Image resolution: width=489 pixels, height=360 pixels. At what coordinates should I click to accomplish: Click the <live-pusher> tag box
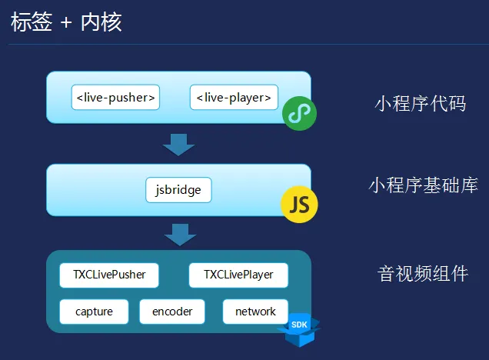pyautogui.click(x=116, y=98)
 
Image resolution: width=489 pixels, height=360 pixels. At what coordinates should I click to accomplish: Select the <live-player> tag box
pyautogui.click(x=234, y=98)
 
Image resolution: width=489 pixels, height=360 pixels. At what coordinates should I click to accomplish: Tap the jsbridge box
pyautogui.click(x=178, y=189)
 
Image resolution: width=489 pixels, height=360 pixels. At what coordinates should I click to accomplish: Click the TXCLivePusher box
pyautogui.click(x=108, y=275)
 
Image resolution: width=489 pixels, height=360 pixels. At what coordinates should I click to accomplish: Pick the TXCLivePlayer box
pyautogui.click(x=238, y=275)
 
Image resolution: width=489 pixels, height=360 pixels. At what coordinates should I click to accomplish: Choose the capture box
pyautogui.click(x=94, y=312)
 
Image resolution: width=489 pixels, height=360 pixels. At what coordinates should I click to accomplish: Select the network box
pyautogui.click(x=255, y=312)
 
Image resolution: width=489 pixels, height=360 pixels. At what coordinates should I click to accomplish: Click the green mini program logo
pyautogui.click(x=299, y=114)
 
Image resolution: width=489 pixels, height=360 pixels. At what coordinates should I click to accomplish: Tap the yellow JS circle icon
pyautogui.click(x=299, y=204)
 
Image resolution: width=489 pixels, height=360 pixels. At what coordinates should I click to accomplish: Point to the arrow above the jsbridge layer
pyautogui.click(x=179, y=144)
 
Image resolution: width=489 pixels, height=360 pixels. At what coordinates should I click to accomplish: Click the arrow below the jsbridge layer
pyautogui.click(x=179, y=234)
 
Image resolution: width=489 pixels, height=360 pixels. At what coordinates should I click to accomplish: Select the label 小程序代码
pyautogui.click(x=421, y=102)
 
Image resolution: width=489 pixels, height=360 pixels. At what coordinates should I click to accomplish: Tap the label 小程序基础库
pyautogui.click(x=424, y=185)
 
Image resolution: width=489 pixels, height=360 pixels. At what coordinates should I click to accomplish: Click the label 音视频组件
pyautogui.click(x=423, y=273)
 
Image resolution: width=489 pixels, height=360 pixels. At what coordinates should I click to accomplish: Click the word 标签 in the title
pyautogui.click(x=32, y=22)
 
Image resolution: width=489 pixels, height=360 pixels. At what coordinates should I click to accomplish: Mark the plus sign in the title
pyautogui.click(x=66, y=22)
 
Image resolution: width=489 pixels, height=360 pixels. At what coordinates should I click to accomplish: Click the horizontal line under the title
pyautogui.click(x=244, y=45)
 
